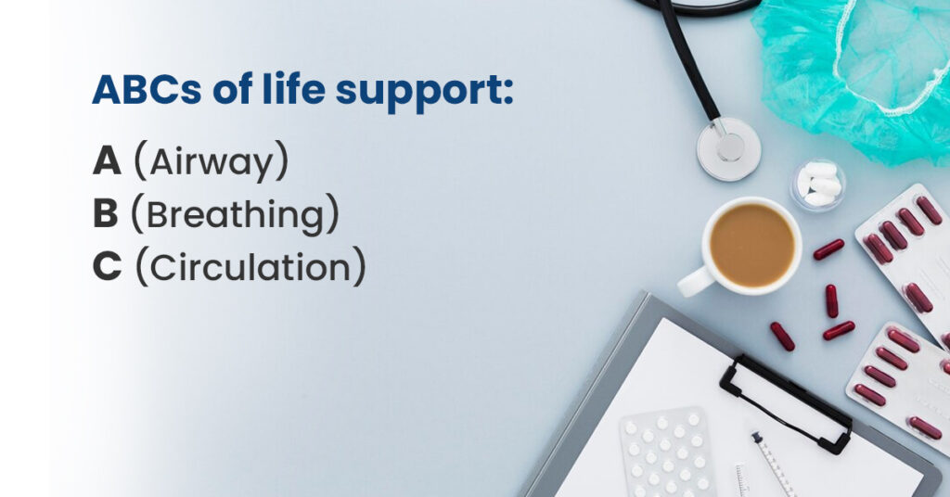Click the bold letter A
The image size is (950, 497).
tap(107, 162)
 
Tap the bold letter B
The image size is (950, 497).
tap(106, 215)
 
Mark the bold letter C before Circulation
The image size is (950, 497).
tap(107, 268)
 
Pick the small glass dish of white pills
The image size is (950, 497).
tap(817, 183)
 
